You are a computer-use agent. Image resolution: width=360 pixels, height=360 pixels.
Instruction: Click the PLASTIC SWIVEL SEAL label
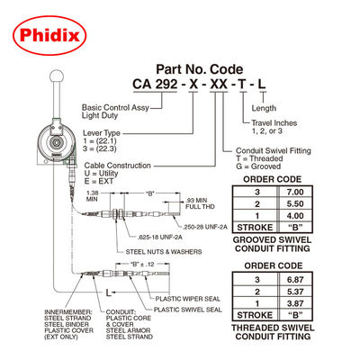[x=188, y=309]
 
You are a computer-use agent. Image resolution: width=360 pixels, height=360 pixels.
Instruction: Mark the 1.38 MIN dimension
[x=91, y=198]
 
